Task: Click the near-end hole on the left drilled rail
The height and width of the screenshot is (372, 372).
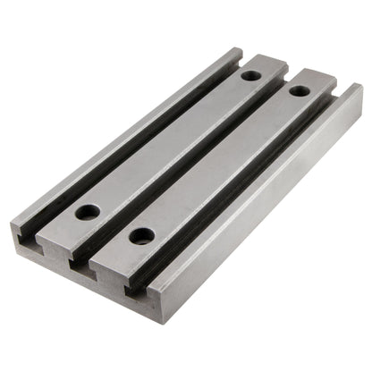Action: click(x=88, y=213)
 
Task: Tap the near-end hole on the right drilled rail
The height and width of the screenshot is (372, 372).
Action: click(x=140, y=236)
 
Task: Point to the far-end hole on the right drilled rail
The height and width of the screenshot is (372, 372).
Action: click(x=297, y=90)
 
